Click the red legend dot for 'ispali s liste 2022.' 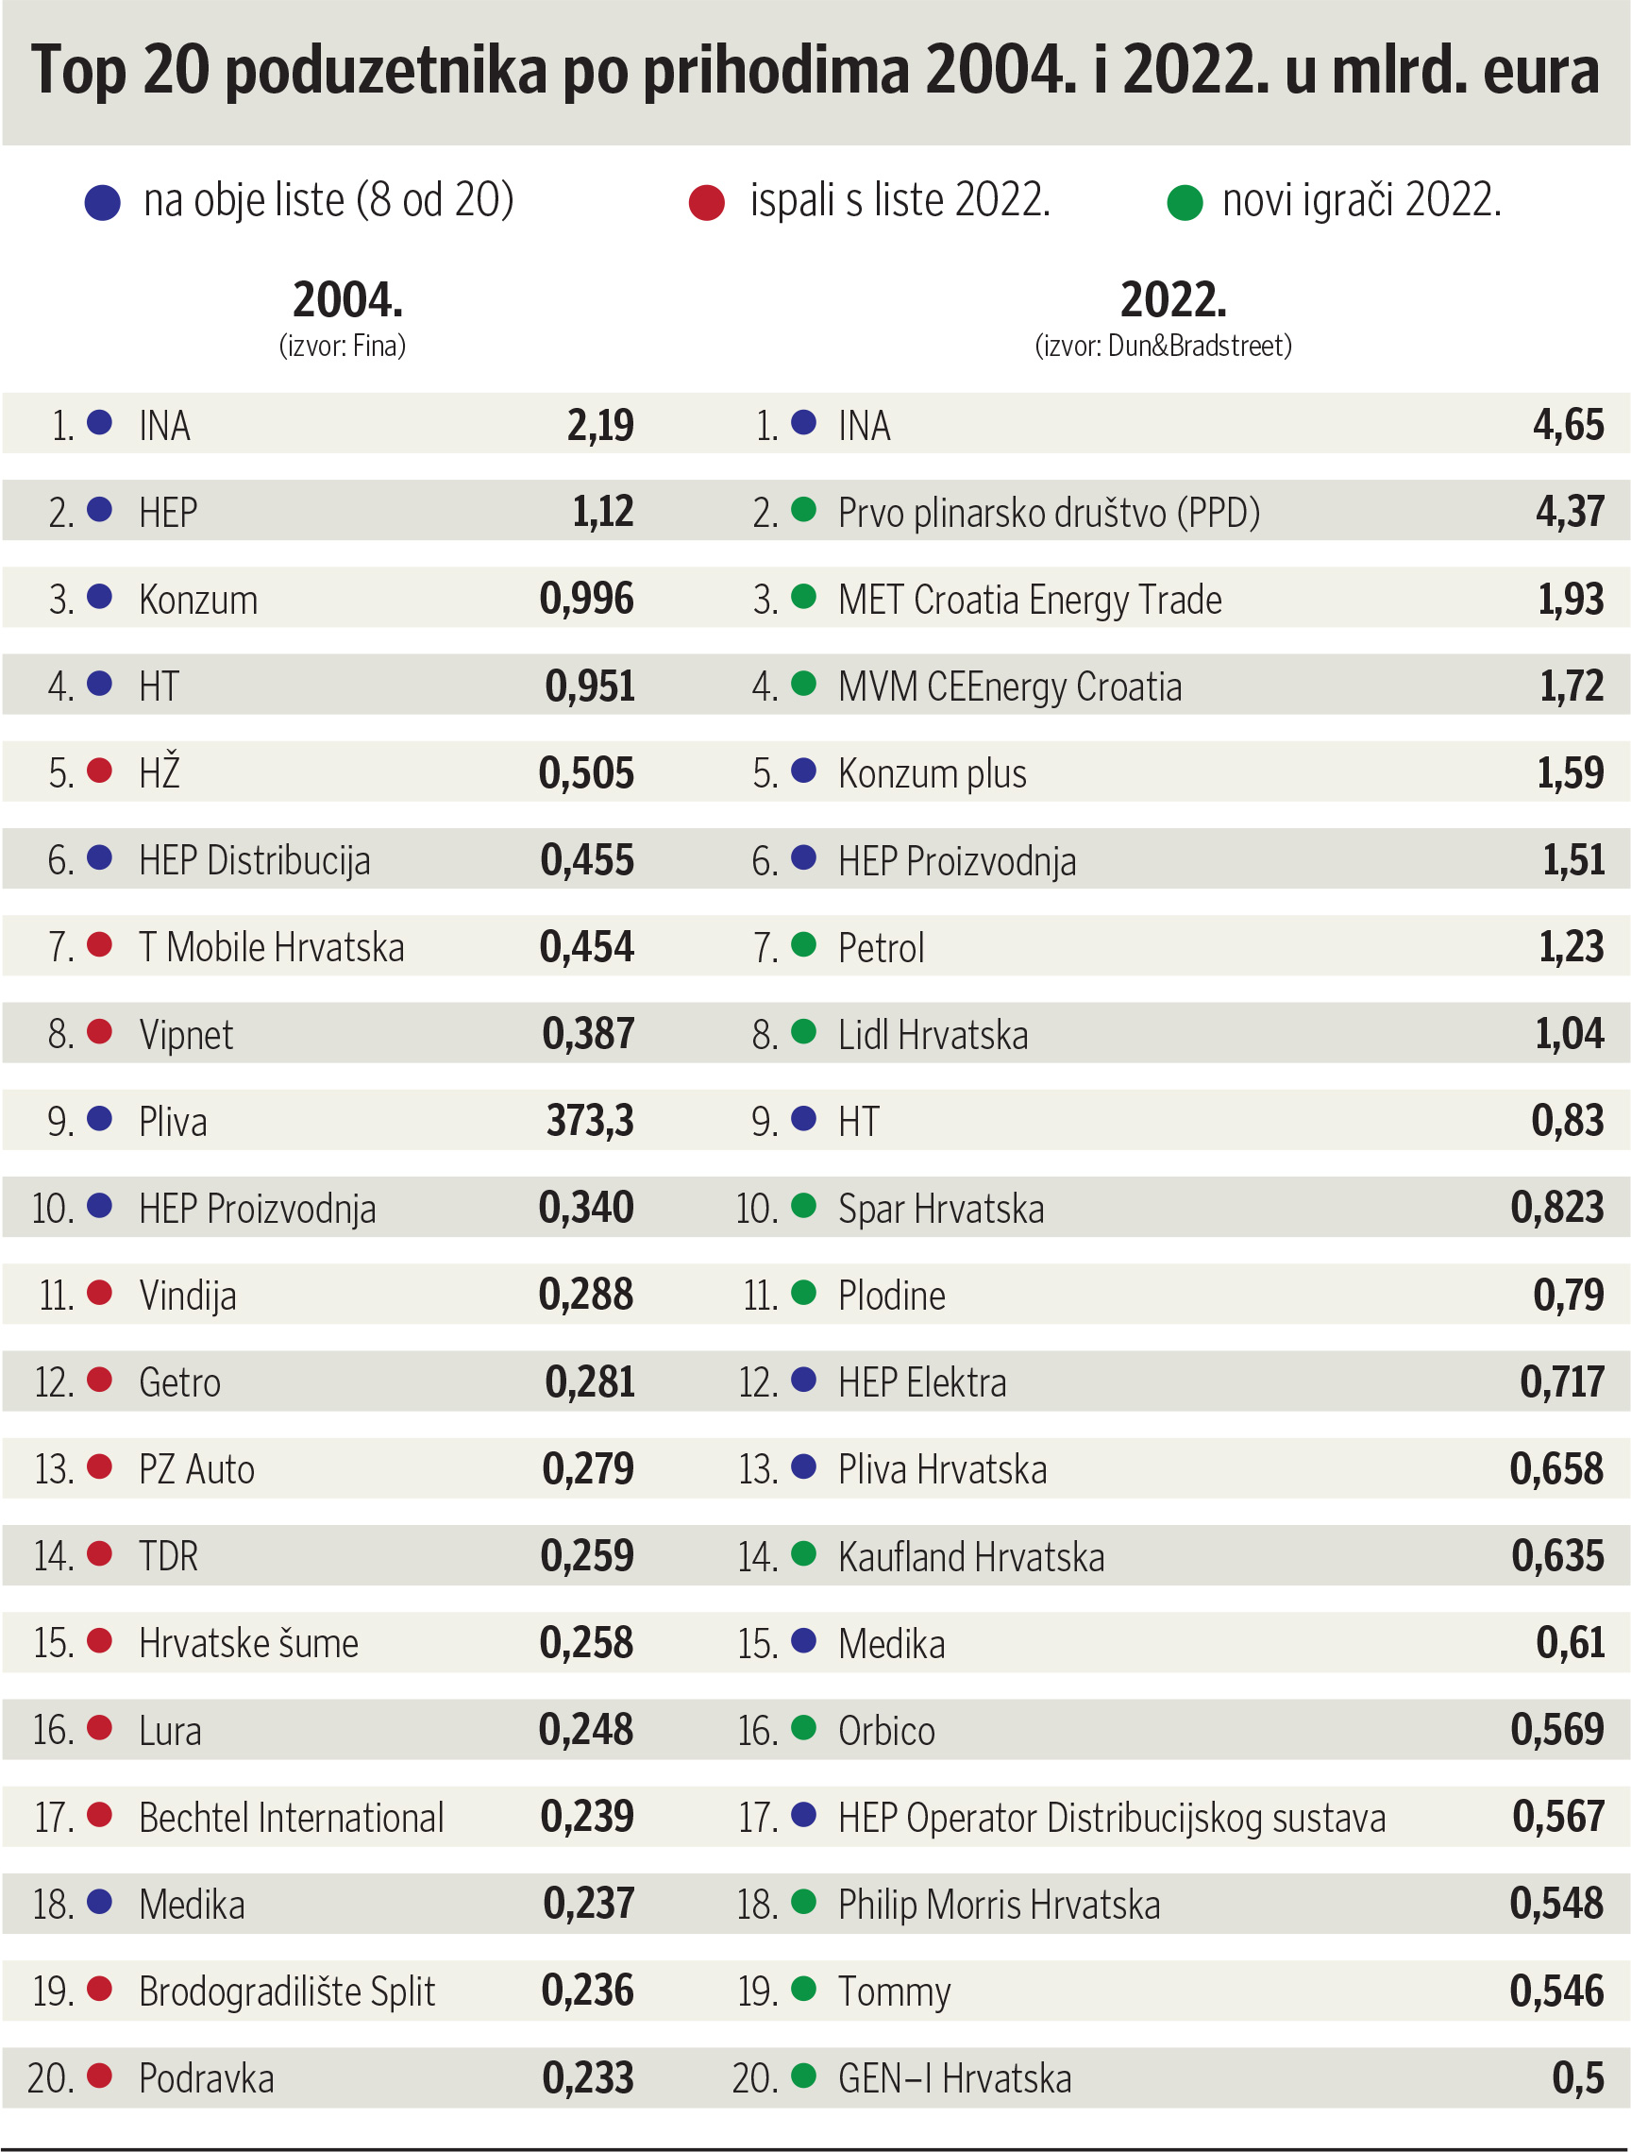(706, 203)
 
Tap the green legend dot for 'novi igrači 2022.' (1184, 203)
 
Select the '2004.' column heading (347, 299)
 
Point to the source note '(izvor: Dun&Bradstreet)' (1163, 347)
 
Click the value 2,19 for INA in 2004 (600, 425)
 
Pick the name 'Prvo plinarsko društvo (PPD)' (1049, 513)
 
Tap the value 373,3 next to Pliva (589, 1121)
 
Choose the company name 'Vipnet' (186, 1034)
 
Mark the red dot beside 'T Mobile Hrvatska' (99, 943)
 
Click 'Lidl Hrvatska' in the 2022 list (933, 1034)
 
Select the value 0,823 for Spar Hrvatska (1556, 1208)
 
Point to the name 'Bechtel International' (291, 1818)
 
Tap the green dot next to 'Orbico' (803, 1728)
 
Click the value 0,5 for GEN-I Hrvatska (1577, 2077)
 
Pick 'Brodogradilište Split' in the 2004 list (287, 1991)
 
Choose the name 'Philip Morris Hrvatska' (999, 1905)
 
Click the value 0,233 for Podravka (587, 2077)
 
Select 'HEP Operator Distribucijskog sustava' (1112, 1818)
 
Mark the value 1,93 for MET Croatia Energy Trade (1570, 600)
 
